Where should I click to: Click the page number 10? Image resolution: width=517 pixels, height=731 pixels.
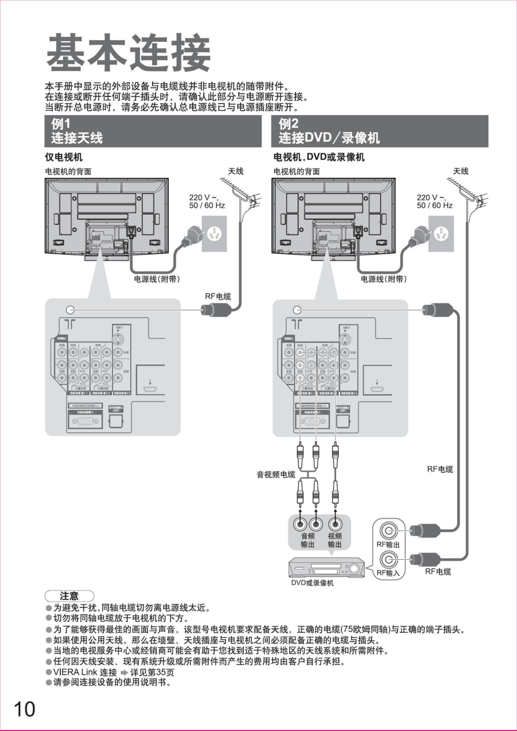(x=24, y=709)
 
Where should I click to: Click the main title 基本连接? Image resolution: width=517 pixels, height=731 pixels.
(x=128, y=53)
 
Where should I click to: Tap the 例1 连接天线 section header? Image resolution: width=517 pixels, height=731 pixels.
(x=153, y=131)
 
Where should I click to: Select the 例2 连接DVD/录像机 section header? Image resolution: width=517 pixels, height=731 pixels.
(x=380, y=131)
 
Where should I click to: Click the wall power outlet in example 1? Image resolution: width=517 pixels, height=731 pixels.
(x=214, y=234)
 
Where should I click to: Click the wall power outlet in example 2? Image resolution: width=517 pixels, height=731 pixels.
(x=441, y=234)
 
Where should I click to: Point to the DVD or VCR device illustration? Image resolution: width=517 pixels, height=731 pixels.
(x=327, y=567)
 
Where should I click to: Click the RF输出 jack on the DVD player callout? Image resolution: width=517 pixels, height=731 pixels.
(x=388, y=531)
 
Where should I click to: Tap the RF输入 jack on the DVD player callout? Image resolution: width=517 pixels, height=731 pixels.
(x=388, y=560)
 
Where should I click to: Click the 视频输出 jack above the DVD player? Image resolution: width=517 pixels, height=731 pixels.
(x=335, y=524)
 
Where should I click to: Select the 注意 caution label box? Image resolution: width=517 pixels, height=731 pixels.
(x=69, y=596)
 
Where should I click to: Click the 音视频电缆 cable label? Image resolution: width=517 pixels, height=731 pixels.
(x=276, y=474)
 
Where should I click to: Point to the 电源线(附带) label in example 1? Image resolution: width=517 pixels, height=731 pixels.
(x=157, y=279)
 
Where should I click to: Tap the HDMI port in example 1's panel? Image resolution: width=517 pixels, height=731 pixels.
(x=150, y=388)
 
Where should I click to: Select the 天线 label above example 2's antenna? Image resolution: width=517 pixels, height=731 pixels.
(x=461, y=171)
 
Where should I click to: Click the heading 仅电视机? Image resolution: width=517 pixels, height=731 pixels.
(x=64, y=157)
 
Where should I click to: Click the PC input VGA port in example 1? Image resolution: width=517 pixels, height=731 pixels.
(x=85, y=421)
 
